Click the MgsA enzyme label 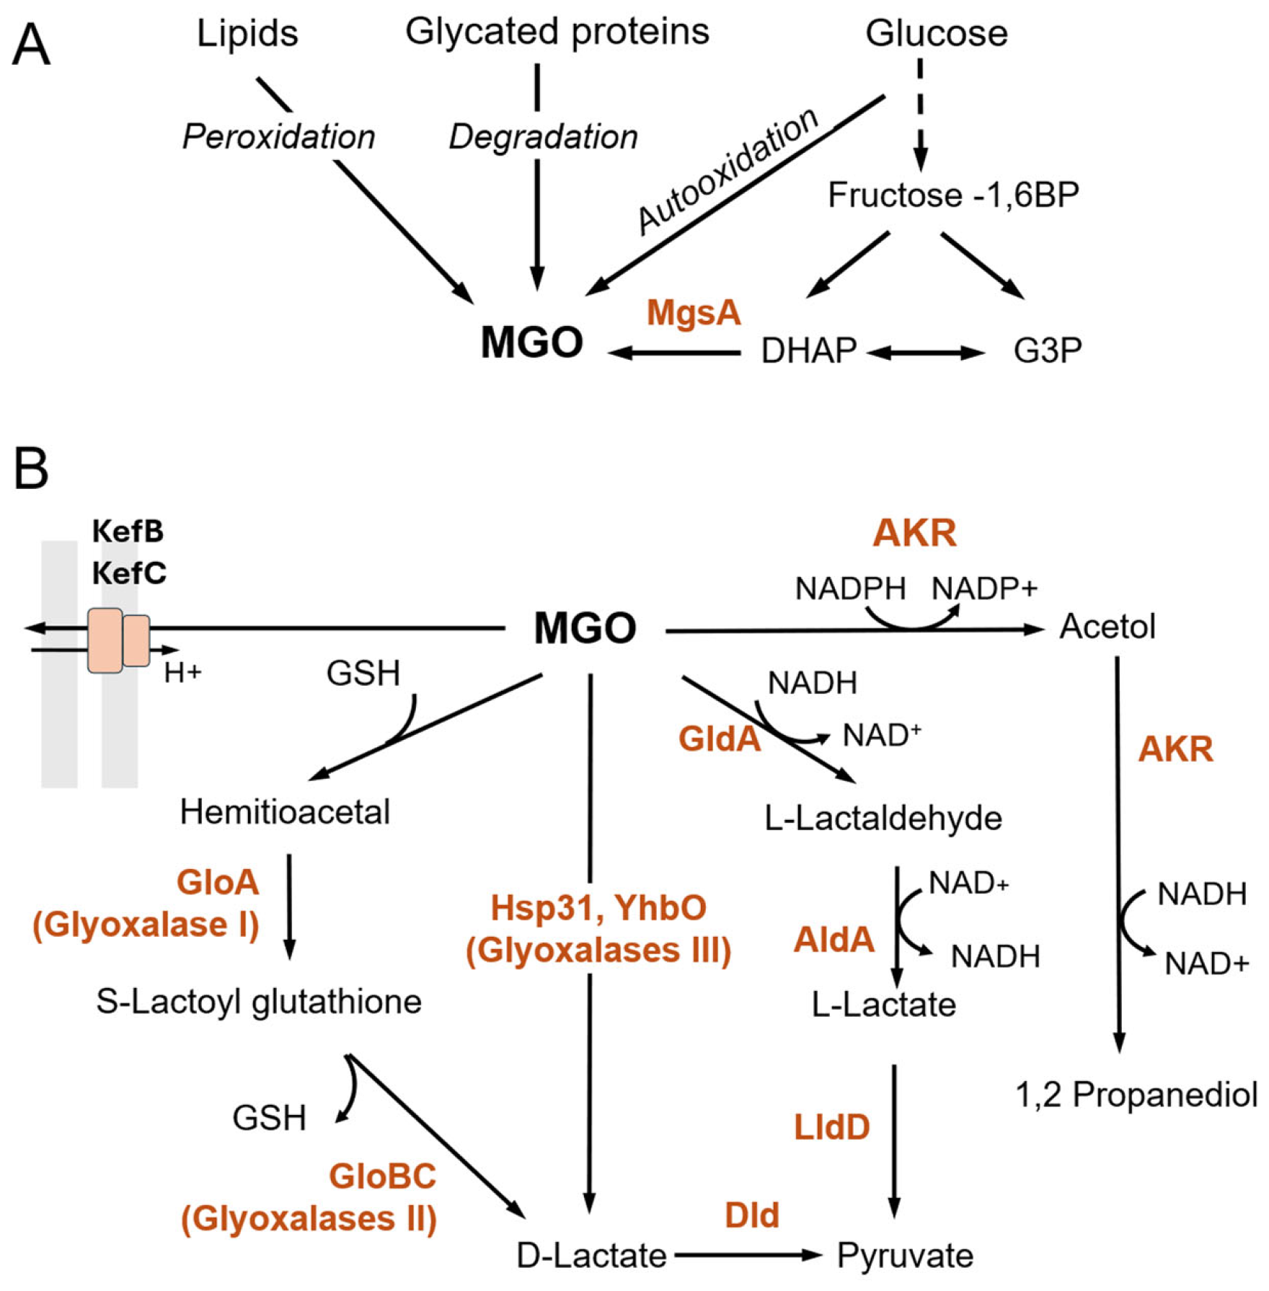click(x=694, y=313)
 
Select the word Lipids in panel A click(x=247, y=34)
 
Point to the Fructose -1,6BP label click(x=953, y=195)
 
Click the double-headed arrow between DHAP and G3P click(x=926, y=353)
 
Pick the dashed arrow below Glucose click(x=920, y=115)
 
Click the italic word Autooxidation click(x=728, y=172)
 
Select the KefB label click(x=128, y=532)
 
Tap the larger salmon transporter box click(x=105, y=640)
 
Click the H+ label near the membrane click(x=183, y=673)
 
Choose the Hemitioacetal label click(x=285, y=812)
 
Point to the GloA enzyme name click(x=218, y=882)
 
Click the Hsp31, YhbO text click(x=598, y=908)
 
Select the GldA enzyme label click(x=720, y=739)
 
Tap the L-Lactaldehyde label click(x=883, y=819)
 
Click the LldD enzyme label click(x=832, y=1127)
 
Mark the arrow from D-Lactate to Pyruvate click(x=748, y=1255)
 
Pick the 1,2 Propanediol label click(x=1136, y=1095)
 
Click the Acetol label click(x=1107, y=626)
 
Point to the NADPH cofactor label click(x=850, y=589)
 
